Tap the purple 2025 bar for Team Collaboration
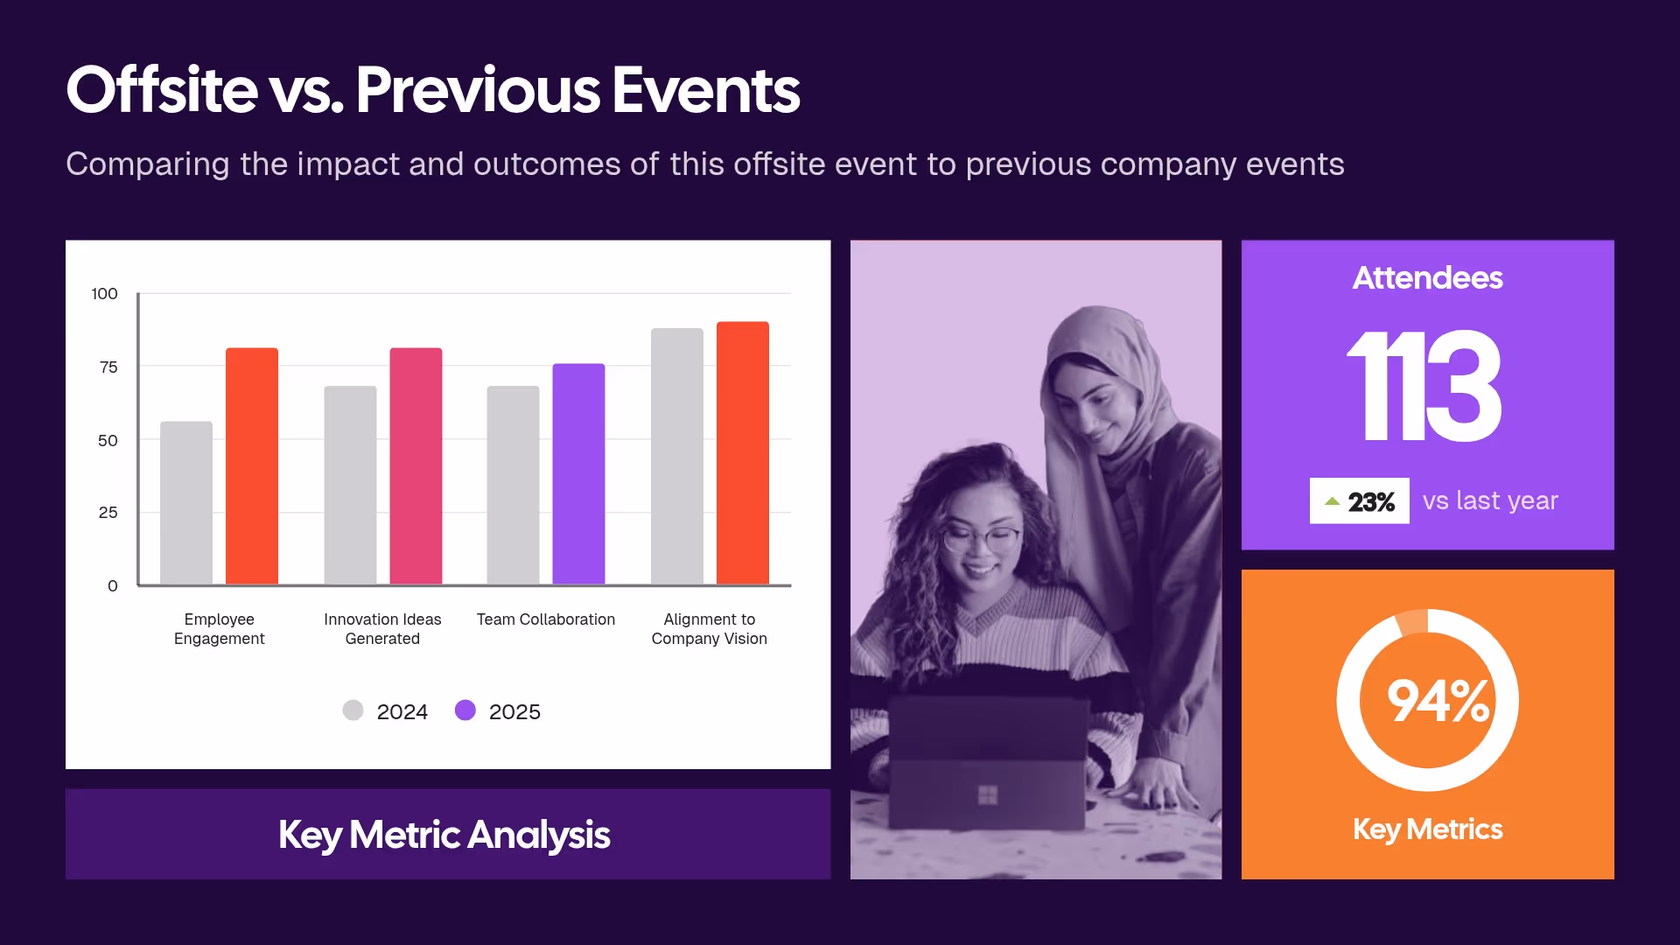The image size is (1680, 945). pyautogui.click(x=578, y=474)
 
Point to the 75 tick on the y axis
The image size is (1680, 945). pyautogui.click(x=108, y=367)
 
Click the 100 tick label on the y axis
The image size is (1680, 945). pyautogui.click(x=104, y=294)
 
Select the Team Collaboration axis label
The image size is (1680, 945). pyautogui.click(x=545, y=619)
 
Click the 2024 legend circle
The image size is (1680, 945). pyautogui.click(x=353, y=710)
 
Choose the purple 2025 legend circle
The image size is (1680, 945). pyautogui.click(x=465, y=710)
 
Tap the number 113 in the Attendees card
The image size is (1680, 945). pyautogui.click(x=1424, y=387)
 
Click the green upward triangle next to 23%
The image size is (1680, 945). pyautogui.click(x=1332, y=501)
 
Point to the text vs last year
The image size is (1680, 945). pyautogui.click(x=1490, y=500)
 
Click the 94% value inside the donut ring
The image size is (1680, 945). pyautogui.click(x=1438, y=701)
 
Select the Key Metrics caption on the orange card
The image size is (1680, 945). pyautogui.click(x=1427, y=829)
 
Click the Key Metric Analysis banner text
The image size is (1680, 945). pyautogui.click(x=444, y=835)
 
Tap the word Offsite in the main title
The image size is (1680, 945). pyautogui.click(x=162, y=90)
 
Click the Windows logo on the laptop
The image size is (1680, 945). pyautogui.click(x=988, y=794)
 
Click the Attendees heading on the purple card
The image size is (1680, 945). pyautogui.click(x=1427, y=278)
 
